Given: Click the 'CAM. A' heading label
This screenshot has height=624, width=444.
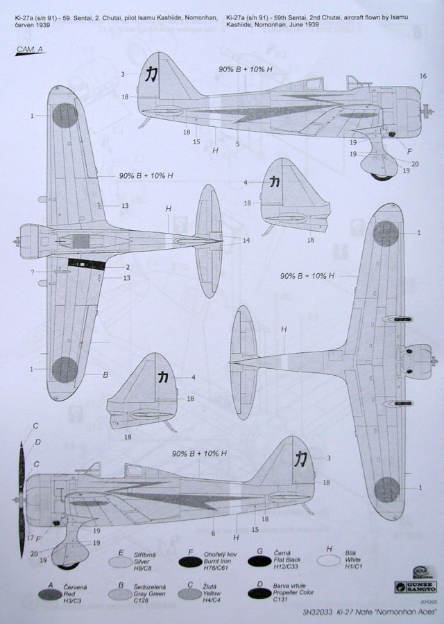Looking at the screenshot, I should coord(28,49).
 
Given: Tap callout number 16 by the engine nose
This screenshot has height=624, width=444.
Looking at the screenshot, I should coord(423,76).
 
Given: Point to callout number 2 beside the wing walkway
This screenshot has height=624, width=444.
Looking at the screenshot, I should coord(128,267).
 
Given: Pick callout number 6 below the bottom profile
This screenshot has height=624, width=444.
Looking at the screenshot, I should coord(214,532).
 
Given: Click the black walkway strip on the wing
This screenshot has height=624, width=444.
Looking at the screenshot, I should coord(87,263).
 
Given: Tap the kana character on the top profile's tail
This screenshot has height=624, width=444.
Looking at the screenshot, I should coord(149,74).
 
